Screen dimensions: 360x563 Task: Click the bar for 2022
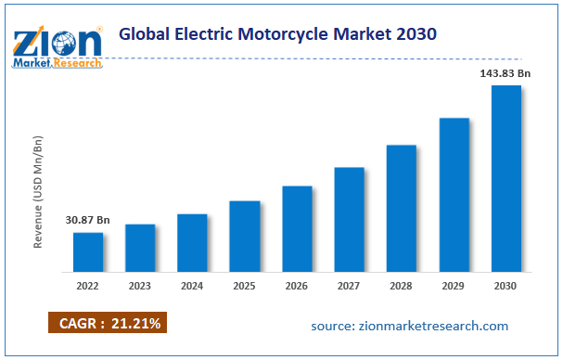coord(88,252)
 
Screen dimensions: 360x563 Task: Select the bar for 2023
coord(140,249)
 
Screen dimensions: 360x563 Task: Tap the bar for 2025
coord(245,237)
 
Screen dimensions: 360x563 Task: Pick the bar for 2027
coord(349,220)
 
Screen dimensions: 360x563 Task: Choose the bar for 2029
coord(454,195)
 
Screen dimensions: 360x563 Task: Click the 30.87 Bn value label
coord(87,221)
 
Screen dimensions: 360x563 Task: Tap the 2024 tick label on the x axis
coord(192,287)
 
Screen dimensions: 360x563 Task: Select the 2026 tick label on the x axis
coord(297,287)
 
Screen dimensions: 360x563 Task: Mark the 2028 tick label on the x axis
coord(401,287)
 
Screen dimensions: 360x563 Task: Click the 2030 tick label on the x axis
coord(505,287)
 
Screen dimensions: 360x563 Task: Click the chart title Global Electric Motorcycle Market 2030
coord(278,34)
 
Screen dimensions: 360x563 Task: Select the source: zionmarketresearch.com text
coord(409,326)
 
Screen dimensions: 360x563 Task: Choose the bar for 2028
coord(402,209)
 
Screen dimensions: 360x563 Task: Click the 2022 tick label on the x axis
coord(88,287)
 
